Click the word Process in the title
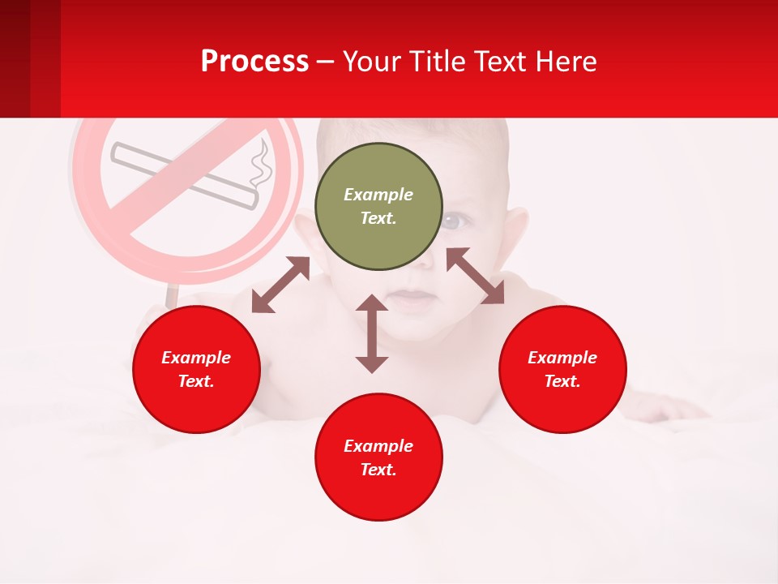pyautogui.click(x=254, y=62)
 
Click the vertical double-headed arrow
pyautogui.click(x=372, y=333)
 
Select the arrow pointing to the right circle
pyautogui.click(x=475, y=276)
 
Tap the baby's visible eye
pyautogui.click(x=455, y=220)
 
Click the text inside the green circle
pyautogui.click(x=378, y=206)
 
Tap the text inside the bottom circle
pyautogui.click(x=378, y=457)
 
